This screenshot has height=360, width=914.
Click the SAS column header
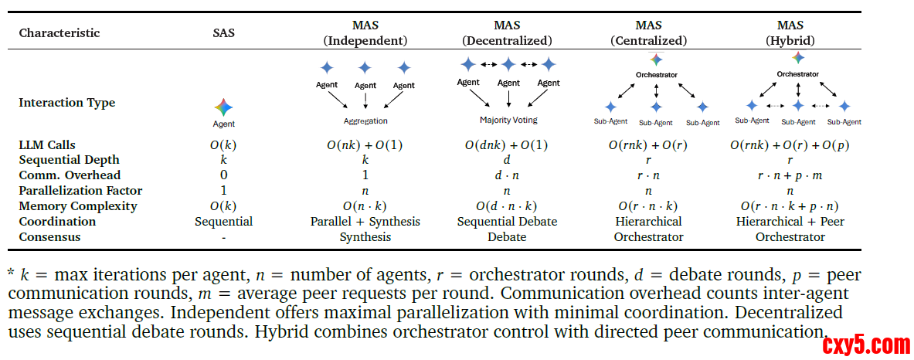(x=224, y=32)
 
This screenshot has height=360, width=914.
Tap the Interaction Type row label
(x=67, y=103)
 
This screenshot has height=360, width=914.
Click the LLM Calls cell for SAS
(x=224, y=144)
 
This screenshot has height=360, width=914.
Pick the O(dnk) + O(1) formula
(x=507, y=144)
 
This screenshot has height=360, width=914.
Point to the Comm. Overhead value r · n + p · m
(x=790, y=175)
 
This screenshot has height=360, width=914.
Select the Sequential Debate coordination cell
(x=507, y=222)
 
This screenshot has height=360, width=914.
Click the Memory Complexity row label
(x=78, y=206)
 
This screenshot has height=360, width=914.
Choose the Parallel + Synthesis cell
(x=365, y=222)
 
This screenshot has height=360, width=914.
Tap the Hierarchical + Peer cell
(x=790, y=222)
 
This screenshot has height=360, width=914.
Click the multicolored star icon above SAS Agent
(x=224, y=107)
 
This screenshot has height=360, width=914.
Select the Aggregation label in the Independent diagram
(x=365, y=121)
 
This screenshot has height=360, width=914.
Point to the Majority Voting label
(x=508, y=120)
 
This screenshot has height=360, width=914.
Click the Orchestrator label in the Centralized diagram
(x=656, y=75)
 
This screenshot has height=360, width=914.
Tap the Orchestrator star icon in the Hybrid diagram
(x=798, y=58)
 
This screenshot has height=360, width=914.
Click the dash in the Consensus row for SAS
(x=224, y=238)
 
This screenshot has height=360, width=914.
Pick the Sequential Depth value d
(x=507, y=160)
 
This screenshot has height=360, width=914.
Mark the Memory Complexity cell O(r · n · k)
(x=649, y=206)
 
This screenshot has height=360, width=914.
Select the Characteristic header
(x=59, y=32)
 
